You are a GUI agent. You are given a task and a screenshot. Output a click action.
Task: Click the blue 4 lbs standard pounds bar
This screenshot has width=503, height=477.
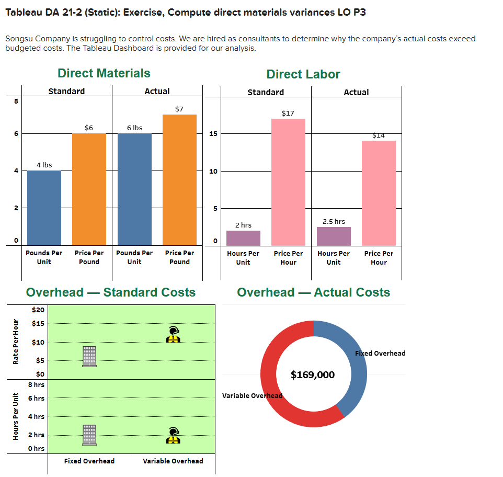click(44, 208)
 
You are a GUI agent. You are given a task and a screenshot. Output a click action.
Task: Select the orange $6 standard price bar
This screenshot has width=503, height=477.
click(89, 189)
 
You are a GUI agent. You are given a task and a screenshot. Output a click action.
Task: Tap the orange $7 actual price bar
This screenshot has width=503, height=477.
click(179, 179)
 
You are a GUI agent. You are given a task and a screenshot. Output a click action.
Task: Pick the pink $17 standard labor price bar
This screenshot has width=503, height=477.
click(288, 182)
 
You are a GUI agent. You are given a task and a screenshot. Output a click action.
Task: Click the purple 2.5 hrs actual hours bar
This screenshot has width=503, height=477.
click(334, 236)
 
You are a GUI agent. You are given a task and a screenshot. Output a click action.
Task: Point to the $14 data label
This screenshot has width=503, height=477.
click(379, 135)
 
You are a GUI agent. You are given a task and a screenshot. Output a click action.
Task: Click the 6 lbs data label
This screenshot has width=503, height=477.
click(134, 128)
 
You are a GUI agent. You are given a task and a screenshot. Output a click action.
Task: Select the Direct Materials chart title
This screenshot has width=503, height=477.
click(104, 73)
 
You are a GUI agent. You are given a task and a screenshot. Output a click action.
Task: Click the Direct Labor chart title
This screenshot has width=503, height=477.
click(303, 74)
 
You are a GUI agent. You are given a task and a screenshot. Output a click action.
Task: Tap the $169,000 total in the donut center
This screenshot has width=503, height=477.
click(313, 374)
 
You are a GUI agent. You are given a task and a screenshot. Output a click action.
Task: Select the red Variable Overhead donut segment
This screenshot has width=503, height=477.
click(277, 387)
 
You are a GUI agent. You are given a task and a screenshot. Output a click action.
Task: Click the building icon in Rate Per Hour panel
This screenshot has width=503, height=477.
click(89, 356)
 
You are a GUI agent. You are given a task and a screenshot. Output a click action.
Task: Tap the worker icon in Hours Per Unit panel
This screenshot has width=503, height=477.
click(173, 435)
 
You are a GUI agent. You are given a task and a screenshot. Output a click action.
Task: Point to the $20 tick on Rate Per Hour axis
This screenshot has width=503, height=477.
click(38, 310)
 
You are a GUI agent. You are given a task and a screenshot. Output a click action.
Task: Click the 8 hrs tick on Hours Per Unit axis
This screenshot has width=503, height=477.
click(36, 384)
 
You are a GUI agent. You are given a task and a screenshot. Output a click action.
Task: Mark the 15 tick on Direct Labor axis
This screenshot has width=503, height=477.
click(213, 134)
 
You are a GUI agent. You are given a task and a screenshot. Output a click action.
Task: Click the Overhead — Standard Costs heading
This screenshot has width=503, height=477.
click(111, 292)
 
